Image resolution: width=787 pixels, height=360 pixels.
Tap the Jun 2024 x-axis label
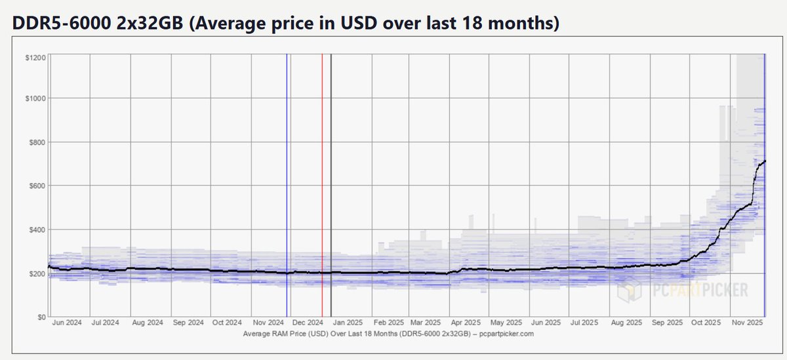coord(66,323)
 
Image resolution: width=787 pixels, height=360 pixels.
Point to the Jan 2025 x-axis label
coord(346,323)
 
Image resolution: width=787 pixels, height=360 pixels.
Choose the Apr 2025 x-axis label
coord(465,323)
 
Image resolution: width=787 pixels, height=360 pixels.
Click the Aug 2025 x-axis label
coord(625,323)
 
